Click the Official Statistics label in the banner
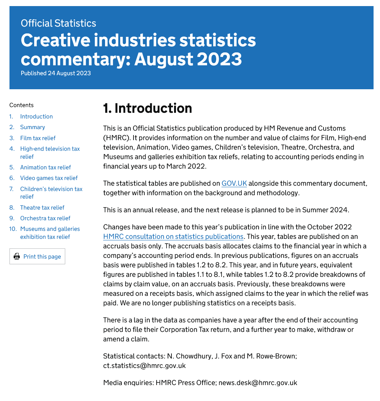click(58, 23)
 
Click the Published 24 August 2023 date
click(56, 73)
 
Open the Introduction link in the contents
click(36, 117)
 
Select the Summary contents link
click(33, 127)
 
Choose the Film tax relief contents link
click(38, 138)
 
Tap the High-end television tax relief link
click(50, 153)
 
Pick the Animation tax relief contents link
click(46, 167)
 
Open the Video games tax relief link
click(49, 178)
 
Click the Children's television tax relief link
click(51, 193)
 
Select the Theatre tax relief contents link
click(42, 208)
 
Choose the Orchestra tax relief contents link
click(45, 218)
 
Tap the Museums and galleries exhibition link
click(50, 233)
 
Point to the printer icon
click(17, 256)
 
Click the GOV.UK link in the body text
click(234, 183)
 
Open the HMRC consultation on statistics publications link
click(173, 237)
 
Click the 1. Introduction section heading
click(148, 108)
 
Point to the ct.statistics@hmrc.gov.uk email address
click(144, 366)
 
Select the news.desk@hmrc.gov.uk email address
click(258, 383)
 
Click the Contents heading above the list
click(22, 105)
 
